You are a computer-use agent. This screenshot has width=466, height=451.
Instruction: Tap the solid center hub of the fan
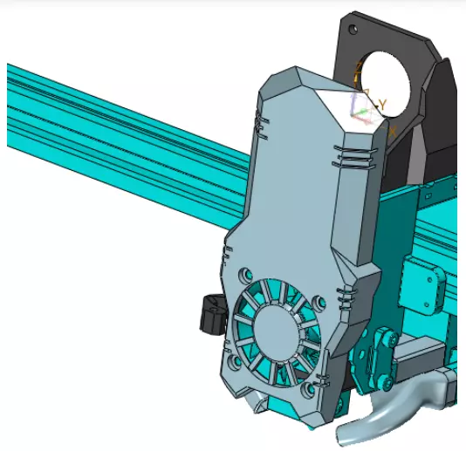pyautogui.click(x=278, y=331)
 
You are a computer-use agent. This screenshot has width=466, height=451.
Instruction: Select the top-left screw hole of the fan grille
pyautogui.click(x=245, y=273)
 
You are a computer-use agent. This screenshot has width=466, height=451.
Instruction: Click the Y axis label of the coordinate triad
pyautogui.click(x=382, y=104)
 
